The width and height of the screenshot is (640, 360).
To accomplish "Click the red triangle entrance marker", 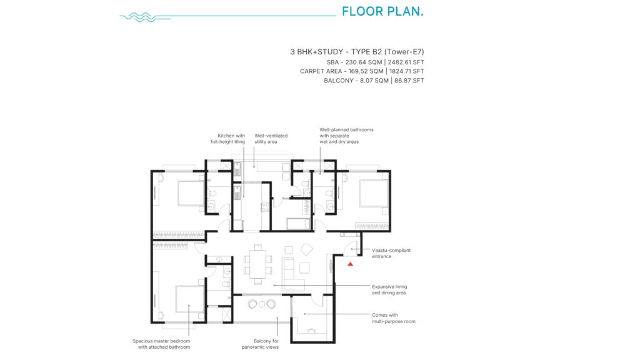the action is [350, 264].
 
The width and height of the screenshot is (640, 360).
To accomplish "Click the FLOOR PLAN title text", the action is [382, 11].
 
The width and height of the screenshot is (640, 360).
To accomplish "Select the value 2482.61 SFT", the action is [406, 62].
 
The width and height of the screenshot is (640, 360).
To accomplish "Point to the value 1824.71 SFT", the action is [406, 71].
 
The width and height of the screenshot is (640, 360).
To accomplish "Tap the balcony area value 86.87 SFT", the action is [409, 81].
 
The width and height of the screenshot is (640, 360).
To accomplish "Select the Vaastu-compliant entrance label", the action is [391, 253].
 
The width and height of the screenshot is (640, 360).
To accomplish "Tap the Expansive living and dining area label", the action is [389, 289].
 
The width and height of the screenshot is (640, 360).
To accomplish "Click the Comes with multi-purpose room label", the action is [394, 318].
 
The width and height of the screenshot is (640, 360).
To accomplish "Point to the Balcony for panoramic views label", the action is [260, 344].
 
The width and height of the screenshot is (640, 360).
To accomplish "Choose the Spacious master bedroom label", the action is [161, 344].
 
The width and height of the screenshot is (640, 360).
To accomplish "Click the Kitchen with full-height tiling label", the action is [227, 138].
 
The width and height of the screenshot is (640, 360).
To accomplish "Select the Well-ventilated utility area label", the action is [271, 138].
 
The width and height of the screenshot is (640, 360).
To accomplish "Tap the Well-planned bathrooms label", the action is [346, 136].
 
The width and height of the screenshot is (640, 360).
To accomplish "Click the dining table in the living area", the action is [258, 264].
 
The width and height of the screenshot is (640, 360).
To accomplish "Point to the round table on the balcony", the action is [262, 304].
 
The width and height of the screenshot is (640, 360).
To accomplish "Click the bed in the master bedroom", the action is [190, 299].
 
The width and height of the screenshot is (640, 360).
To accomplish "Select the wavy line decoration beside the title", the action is [145, 17].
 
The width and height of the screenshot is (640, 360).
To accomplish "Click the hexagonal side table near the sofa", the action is [306, 249].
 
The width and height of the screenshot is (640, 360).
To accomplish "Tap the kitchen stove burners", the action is [265, 207].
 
